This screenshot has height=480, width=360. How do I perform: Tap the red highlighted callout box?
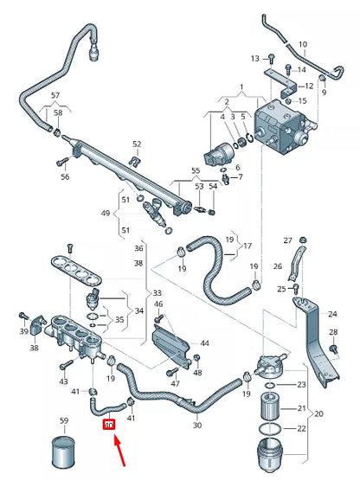[108, 425]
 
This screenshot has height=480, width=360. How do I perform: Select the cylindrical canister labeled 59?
[64, 451]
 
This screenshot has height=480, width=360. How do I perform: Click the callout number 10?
[302, 43]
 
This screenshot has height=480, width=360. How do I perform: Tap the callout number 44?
[204, 343]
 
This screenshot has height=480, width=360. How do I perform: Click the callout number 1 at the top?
[242, 87]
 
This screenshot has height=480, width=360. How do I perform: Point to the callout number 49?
[106, 213]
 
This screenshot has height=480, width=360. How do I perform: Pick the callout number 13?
[254, 58]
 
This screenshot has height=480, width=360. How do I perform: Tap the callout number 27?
[288, 240]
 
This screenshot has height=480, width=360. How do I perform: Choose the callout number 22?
[301, 428]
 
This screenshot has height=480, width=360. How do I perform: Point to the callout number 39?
[23, 331]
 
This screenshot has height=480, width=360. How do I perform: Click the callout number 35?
[119, 320]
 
